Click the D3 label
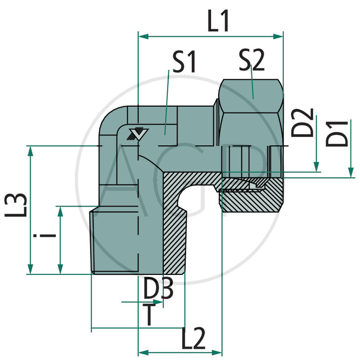pyautogui.click(x=158, y=290)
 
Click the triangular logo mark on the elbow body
pyautogui.click(x=138, y=134)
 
